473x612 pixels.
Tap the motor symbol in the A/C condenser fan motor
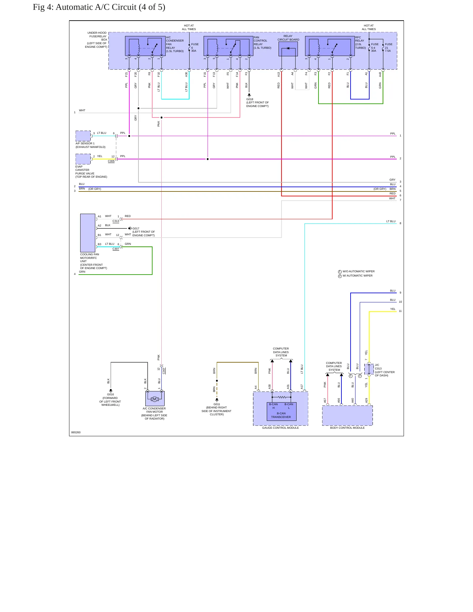(x=155, y=399)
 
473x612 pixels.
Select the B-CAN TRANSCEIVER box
(x=281, y=411)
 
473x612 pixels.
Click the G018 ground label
(x=250, y=99)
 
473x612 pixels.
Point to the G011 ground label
(x=217, y=404)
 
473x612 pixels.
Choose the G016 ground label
(x=111, y=395)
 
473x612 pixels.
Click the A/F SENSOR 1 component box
(x=83, y=136)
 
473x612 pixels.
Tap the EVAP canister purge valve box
(x=83, y=159)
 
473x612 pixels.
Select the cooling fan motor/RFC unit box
(x=88, y=233)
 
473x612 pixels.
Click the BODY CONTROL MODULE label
(x=347, y=428)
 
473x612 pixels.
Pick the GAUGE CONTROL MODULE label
(x=281, y=428)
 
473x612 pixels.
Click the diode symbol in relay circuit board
(x=288, y=48)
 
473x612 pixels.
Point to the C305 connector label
(x=111, y=161)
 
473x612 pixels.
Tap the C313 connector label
(x=116, y=221)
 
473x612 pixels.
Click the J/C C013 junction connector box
(x=369, y=369)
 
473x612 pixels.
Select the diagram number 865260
(x=76, y=432)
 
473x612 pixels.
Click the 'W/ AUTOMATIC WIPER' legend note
(x=357, y=276)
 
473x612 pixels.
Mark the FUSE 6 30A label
(x=195, y=47)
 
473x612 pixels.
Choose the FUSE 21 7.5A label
(x=389, y=47)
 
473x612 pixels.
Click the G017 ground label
(x=136, y=228)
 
